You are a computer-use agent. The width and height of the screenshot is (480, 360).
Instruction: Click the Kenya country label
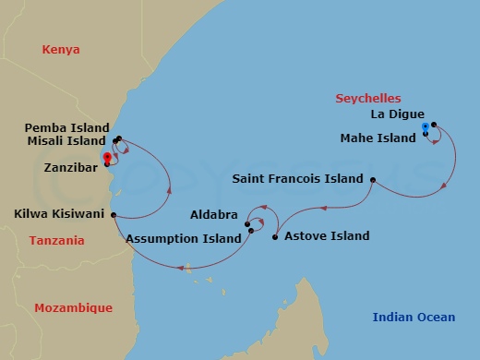click(x=60, y=49)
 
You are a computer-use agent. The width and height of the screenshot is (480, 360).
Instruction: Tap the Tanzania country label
click(x=57, y=241)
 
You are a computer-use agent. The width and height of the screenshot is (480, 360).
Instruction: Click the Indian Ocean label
click(x=414, y=318)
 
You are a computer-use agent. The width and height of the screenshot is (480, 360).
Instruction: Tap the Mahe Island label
click(x=378, y=138)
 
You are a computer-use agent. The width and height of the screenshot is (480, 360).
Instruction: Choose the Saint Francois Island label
click(x=298, y=179)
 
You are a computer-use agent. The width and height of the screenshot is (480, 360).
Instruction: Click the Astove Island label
click(x=327, y=236)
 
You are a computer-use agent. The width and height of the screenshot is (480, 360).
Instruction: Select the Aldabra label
click(x=213, y=214)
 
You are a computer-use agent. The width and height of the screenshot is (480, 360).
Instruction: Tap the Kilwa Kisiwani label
click(x=58, y=214)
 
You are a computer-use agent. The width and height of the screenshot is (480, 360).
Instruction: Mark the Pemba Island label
click(x=66, y=127)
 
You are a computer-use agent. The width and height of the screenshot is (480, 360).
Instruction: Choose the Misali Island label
click(x=66, y=141)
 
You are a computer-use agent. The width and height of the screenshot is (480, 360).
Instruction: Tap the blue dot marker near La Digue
click(x=425, y=126)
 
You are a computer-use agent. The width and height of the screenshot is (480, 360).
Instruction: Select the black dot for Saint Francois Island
click(x=373, y=179)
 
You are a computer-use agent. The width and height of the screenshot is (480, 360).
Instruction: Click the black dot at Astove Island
click(x=275, y=237)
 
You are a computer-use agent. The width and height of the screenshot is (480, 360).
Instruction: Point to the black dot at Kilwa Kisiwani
click(x=113, y=215)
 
